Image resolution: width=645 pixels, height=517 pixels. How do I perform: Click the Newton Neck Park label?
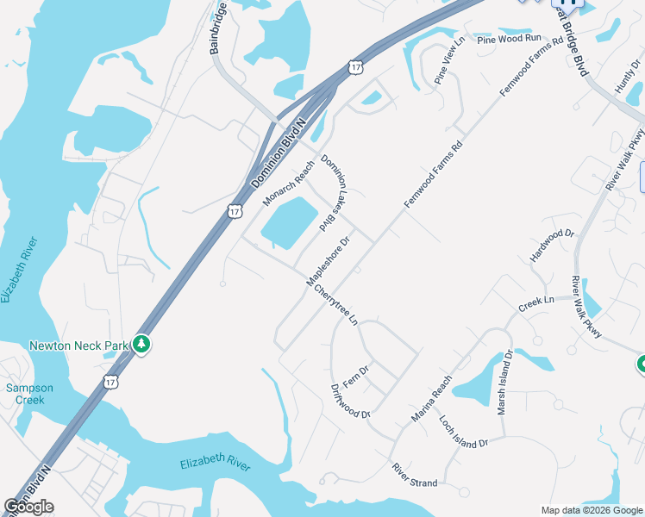(x=78, y=346)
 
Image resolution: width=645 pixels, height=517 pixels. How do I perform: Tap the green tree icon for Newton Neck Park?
(x=141, y=345)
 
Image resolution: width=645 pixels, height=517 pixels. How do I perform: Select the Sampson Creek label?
(x=29, y=394)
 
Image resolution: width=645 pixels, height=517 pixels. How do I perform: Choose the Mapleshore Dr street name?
(x=328, y=262)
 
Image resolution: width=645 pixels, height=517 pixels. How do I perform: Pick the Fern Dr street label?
(x=356, y=375)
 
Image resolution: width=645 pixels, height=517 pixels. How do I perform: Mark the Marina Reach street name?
(x=431, y=399)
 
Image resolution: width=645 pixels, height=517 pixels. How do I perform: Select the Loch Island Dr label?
(x=463, y=431)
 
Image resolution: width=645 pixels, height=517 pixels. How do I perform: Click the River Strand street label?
(x=415, y=476)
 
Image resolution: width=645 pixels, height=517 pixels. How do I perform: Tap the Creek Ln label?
(x=535, y=303)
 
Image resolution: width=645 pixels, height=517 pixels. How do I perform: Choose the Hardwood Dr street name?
(x=552, y=246)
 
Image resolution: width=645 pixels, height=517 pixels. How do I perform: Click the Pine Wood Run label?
(x=509, y=39)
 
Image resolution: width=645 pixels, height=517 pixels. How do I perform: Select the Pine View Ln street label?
(x=448, y=60)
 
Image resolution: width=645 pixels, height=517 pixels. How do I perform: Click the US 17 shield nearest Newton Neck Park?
(x=110, y=380)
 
